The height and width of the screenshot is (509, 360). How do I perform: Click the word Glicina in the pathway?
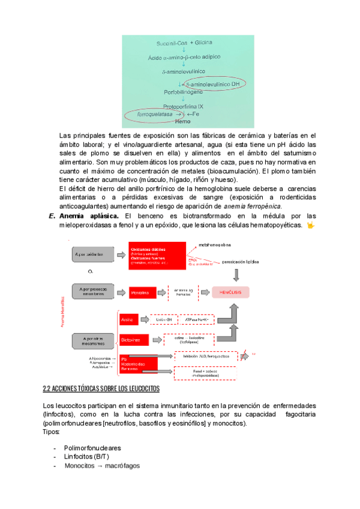click(210, 44)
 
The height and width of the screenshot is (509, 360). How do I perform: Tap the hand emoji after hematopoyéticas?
click(310, 225)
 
